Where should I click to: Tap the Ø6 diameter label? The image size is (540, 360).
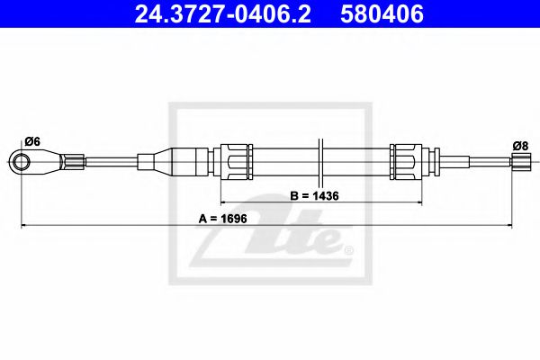(x=31, y=140)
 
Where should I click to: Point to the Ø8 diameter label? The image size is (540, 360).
(x=519, y=145)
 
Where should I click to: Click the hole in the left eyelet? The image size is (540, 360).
(x=21, y=162)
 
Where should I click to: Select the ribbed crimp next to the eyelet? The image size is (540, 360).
(x=75, y=162)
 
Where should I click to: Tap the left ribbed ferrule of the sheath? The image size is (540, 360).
(x=237, y=162)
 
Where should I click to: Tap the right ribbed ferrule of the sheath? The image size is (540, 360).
(x=404, y=162)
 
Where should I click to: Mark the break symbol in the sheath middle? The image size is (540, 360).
(x=319, y=162)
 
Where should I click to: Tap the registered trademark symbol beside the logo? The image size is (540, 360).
(x=348, y=247)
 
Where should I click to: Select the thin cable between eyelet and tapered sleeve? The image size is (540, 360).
(x=112, y=162)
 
